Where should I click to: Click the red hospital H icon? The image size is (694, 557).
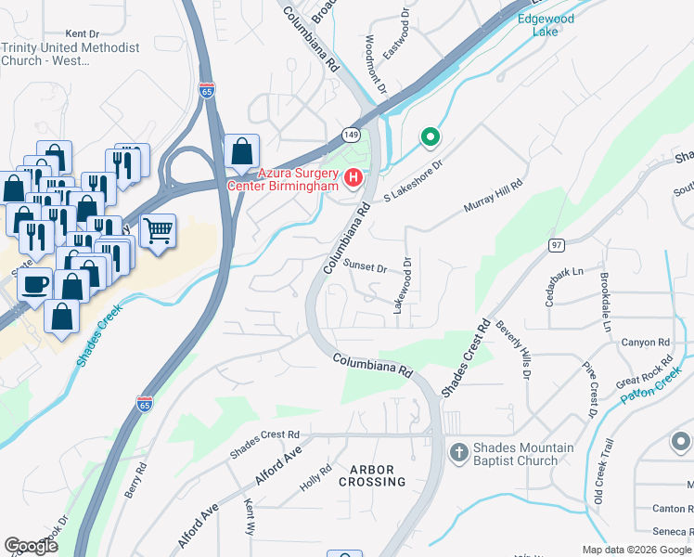pyautogui.click(x=353, y=177)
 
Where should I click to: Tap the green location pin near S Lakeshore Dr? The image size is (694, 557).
pyautogui.click(x=430, y=138)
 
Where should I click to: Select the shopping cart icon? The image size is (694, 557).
pyautogui.click(x=158, y=230)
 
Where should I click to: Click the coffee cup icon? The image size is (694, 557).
pyautogui.click(x=35, y=284)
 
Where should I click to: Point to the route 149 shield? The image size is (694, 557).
pyautogui.click(x=350, y=134)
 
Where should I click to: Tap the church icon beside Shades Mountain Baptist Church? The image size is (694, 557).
pyautogui.click(x=457, y=453)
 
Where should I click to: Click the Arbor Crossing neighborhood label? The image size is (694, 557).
pyautogui.click(x=372, y=475)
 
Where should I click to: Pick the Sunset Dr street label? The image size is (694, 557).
pyautogui.click(x=365, y=266)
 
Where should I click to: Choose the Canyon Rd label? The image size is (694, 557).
pyautogui.click(x=646, y=342)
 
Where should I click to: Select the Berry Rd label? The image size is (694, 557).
pyautogui.click(x=135, y=480)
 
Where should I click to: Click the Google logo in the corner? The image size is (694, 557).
pyautogui.click(x=32, y=546)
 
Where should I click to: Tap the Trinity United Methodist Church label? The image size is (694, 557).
pyautogui.click(x=71, y=54)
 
